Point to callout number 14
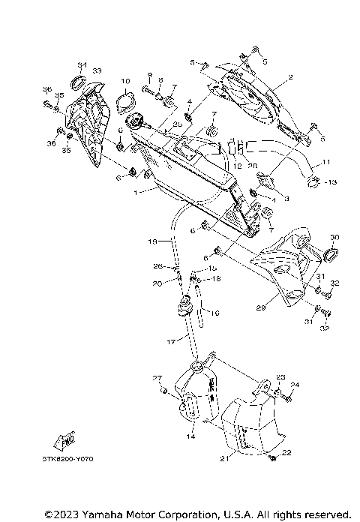point(190,436)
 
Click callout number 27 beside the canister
point(157,377)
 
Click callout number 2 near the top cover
point(290,77)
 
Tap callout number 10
point(125,79)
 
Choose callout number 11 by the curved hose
point(326,162)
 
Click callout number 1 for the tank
point(135,192)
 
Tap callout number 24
point(295,385)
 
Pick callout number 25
point(178,124)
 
